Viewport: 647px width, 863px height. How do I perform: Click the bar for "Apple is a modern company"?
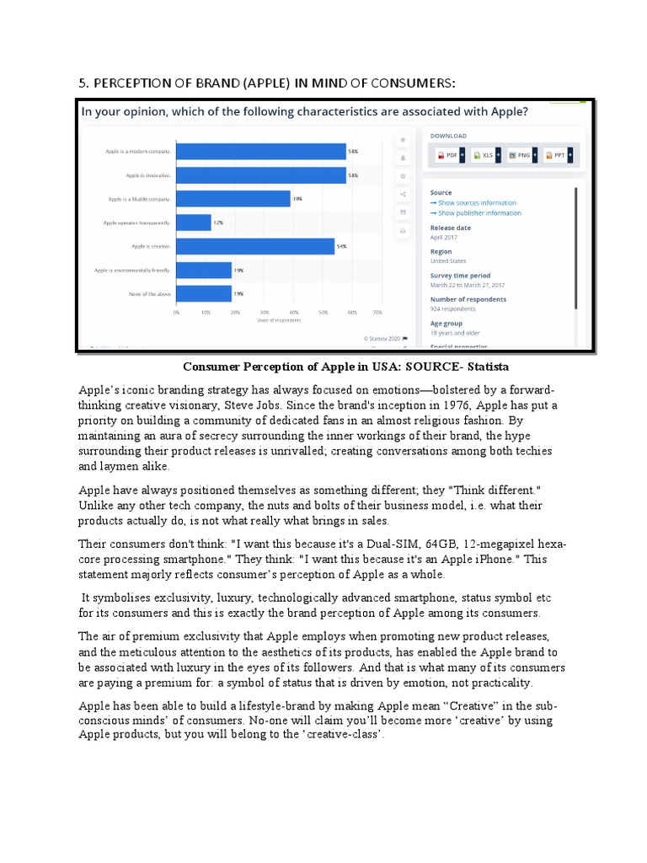pos(261,152)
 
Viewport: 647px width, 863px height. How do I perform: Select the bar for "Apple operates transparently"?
pos(194,222)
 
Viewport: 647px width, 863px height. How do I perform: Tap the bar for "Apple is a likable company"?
pos(233,199)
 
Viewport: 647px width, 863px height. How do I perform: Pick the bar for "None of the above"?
pos(204,293)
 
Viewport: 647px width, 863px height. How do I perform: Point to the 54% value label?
pos(341,246)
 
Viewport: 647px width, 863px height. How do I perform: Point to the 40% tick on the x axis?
pos(293,312)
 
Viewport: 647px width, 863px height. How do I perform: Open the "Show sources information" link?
pos(477,203)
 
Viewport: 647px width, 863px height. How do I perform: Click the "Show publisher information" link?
pos(479,213)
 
